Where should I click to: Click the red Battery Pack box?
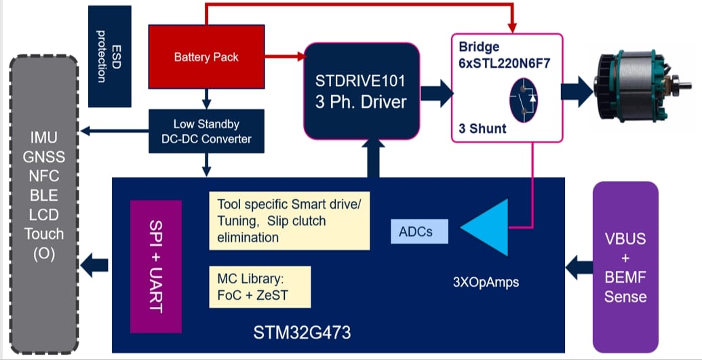tap(206, 57)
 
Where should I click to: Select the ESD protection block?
tap(110, 56)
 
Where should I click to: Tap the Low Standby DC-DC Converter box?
tap(206, 132)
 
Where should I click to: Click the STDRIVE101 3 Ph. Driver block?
tap(362, 92)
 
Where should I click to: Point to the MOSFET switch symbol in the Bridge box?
tap(524, 100)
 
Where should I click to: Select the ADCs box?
tap(419, 231)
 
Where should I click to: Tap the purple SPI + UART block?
tap(156, 266)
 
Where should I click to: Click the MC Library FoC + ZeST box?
tap(260, 287)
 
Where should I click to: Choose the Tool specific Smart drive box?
tap(290, 221)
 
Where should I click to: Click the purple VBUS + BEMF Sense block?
tap(625, 267)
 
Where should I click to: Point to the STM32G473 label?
tap(303, 333)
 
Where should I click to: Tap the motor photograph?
tap(636, 85)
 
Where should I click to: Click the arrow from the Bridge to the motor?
tap(577, 92)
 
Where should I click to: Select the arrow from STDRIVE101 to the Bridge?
tap(437, 93)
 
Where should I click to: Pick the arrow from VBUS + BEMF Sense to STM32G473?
tap(579, 267)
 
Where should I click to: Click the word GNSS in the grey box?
tap(44, 157)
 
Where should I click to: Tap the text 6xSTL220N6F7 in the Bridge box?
tap(505, 63)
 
